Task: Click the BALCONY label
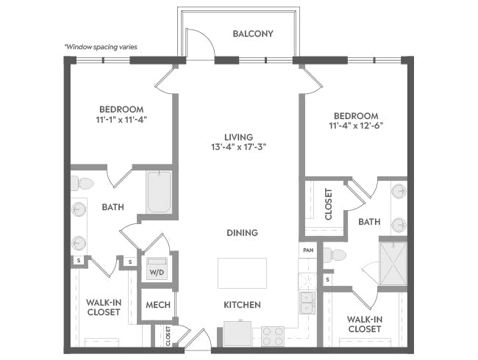[253, 34]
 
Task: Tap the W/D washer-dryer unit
[157, 268]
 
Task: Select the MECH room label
[158, 305]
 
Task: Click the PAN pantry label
[308, 250]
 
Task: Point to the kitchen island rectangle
[242, 273]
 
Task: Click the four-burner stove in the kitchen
[273, 336]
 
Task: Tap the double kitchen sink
[307, 303]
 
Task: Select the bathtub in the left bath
[159, 192]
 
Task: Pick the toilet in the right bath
[335, 255]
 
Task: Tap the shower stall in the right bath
[393, 264]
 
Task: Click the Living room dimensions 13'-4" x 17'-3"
[239, 147]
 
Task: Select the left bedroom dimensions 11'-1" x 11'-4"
[121, 120]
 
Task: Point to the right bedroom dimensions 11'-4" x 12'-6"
[356, 126]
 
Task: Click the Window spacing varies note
[101, 47]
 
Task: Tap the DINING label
[243, 233]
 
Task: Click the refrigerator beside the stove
[238, 334]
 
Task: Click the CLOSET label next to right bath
[328, 204]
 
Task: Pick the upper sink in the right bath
[399, 192]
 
